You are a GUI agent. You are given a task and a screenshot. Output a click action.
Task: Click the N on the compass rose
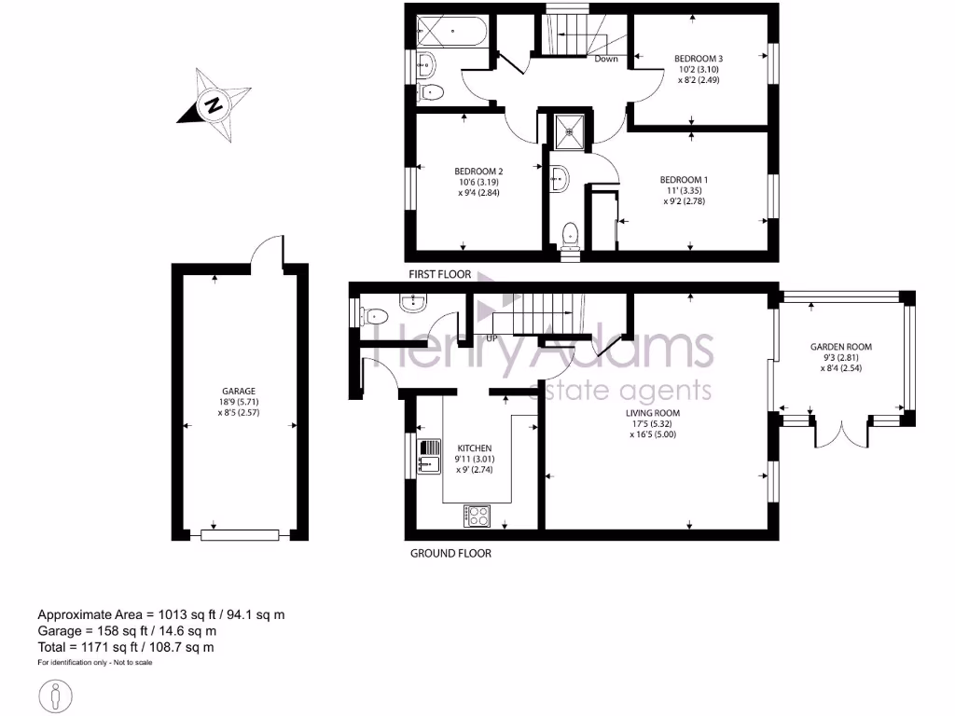tap(214, 104)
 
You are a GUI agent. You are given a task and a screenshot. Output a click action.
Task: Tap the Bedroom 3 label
tap(699, 59)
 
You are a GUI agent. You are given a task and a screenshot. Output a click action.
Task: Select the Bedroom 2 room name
tap(478, 171)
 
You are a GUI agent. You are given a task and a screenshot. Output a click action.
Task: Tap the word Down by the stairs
tap(606, 59)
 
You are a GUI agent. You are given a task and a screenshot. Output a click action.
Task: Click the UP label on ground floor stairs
tap(491, 337)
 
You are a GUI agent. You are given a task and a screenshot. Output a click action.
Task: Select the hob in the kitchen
tap(477, 515)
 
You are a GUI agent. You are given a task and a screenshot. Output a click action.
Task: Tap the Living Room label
tap(654, 413)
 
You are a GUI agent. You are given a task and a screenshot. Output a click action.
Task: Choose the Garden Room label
tap(840, 347)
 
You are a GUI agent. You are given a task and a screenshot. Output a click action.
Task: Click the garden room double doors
tap(842, 434)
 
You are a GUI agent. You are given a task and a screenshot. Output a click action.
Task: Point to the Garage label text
tap(239, 391)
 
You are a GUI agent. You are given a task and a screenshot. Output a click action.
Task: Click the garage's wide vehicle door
tap(240, 534)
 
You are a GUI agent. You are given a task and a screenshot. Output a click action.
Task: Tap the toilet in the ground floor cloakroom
tap(371, 314)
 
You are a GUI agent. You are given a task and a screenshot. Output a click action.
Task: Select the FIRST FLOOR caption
tap(438, 275)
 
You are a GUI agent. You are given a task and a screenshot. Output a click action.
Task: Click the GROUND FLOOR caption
tap(450, 553)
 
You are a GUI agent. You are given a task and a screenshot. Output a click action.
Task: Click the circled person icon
tap(56, 695)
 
